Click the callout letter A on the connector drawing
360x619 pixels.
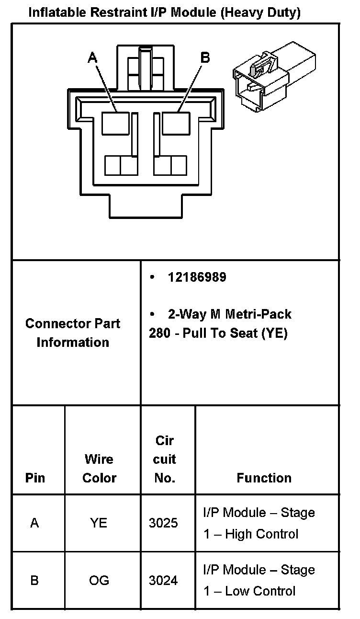(x=92, y=58)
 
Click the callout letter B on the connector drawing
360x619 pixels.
(x=205, y=58)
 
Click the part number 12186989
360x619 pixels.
(x=197, y=277)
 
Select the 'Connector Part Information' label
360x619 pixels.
(x=73, y=332)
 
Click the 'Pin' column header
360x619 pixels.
(x=35, y=478)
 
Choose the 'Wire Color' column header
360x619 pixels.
(x=99, y=468)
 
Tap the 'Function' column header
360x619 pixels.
(x=264, y=478)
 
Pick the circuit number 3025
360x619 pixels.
(x=163, y=523)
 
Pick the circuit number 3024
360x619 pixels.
(x=163, y=580)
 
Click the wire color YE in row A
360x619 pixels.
(x=99, y=523)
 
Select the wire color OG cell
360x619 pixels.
(x=99, y=580)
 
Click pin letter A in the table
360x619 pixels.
(x=34, y=523)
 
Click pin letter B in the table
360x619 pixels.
(x=34, y=580)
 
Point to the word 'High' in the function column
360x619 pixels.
(x=239, y=534)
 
